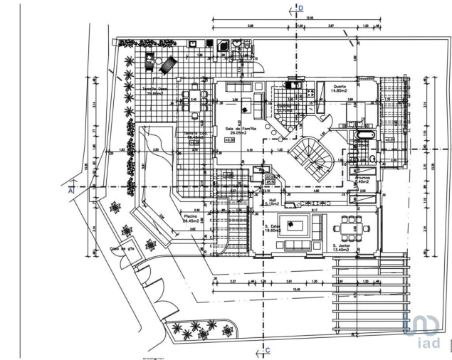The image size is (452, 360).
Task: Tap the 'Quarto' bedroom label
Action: [x=339, y=85]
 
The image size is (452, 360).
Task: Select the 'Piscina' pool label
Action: [x=191, y=215]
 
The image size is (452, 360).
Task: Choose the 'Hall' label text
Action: [x=273, y=200]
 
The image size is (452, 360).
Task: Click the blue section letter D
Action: [x=301, y=9]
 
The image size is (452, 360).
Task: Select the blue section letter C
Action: [x=268, y=350]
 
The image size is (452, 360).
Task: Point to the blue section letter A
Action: [x=70, y=191]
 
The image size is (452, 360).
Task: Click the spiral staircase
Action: [x=314, y=158]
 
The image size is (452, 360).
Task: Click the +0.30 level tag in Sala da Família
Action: [x=229, y=140]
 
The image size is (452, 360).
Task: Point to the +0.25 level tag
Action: [x=390, y=140]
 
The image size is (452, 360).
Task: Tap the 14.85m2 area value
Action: [x=339, y=91]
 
